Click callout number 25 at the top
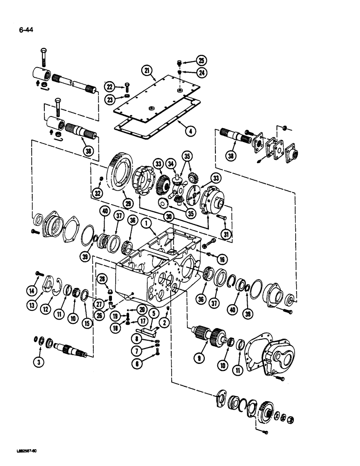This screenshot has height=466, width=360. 201,61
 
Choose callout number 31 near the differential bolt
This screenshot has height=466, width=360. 227,235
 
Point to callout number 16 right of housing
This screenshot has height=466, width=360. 221,260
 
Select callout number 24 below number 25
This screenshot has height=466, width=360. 201,73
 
